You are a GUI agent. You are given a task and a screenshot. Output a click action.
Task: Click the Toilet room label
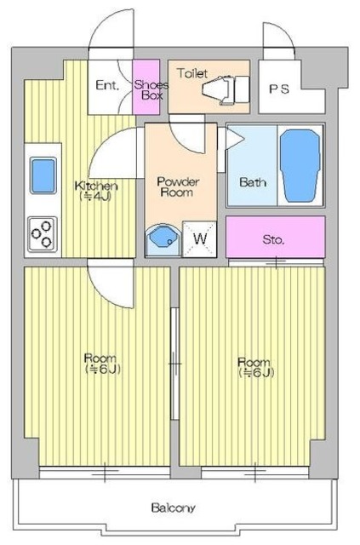pos(192,73)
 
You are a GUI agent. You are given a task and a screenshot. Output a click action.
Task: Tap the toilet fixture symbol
pos(226,90)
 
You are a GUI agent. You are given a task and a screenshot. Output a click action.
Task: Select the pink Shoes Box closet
pos(146,87)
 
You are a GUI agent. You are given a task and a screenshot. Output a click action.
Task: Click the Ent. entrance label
pos(107,85)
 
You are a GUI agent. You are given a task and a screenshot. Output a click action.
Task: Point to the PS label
pos(279,89)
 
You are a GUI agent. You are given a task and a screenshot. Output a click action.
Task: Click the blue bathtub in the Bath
pos(300,166)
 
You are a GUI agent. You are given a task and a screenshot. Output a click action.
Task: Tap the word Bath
pos(253,181)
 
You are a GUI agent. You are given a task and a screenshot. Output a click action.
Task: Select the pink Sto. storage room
pos(276,237)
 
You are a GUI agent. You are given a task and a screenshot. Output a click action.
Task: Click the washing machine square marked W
pos(200,239)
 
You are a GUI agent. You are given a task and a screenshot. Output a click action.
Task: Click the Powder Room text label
pos(178,186)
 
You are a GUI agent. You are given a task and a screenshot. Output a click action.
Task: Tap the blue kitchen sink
pos(43,175)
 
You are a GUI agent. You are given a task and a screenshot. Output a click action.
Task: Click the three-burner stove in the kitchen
pos(43,234)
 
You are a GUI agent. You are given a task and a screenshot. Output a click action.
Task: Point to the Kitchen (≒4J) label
pos(96,191)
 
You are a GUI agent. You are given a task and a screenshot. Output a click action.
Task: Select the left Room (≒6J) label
pos(102,364)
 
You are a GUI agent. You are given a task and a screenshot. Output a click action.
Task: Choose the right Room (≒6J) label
pos(255,367)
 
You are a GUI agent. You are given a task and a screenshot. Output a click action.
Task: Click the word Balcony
pos(173,508)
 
